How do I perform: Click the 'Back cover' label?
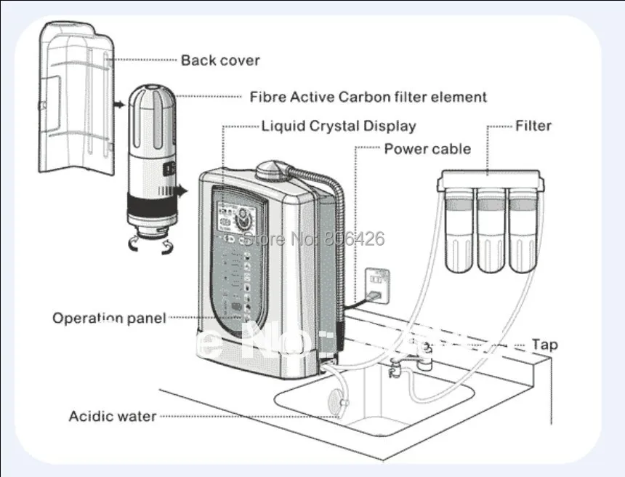(219, 60)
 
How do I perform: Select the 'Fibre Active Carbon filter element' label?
(368, 97)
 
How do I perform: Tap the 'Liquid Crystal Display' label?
(339, 126)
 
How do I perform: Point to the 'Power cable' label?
(427, 149)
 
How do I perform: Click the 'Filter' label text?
(533, 126)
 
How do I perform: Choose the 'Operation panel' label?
(109, 318)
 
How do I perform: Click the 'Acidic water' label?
(112, 416)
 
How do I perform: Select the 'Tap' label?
(544, 345)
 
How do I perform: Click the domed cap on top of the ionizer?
(272, 169)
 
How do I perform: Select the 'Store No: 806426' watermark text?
(314, 238)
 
